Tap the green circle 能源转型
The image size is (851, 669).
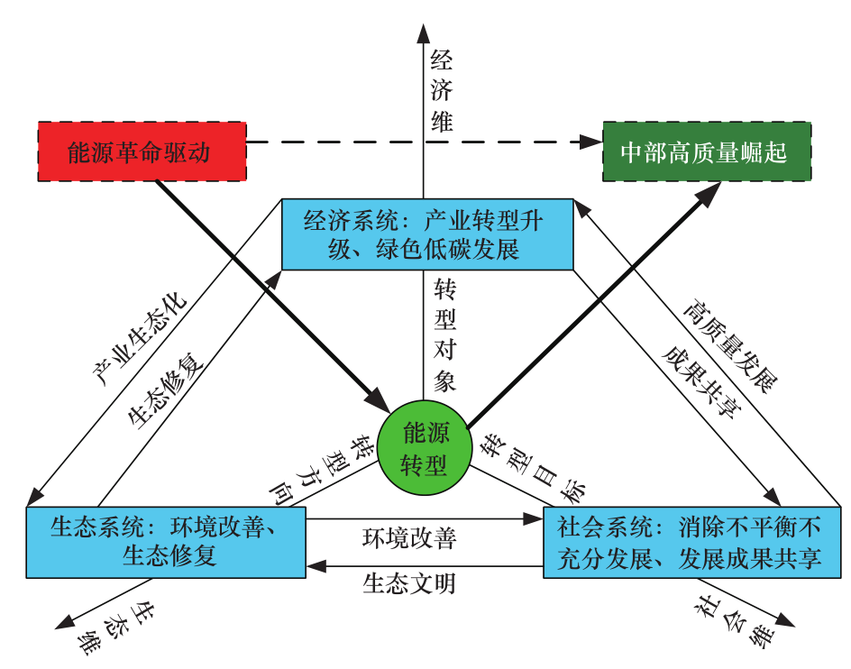coord(425,447)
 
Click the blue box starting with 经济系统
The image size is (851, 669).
coord(427,234)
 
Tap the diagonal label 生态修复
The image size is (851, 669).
coord(168,389)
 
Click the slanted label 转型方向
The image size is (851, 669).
coord(324,469)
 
